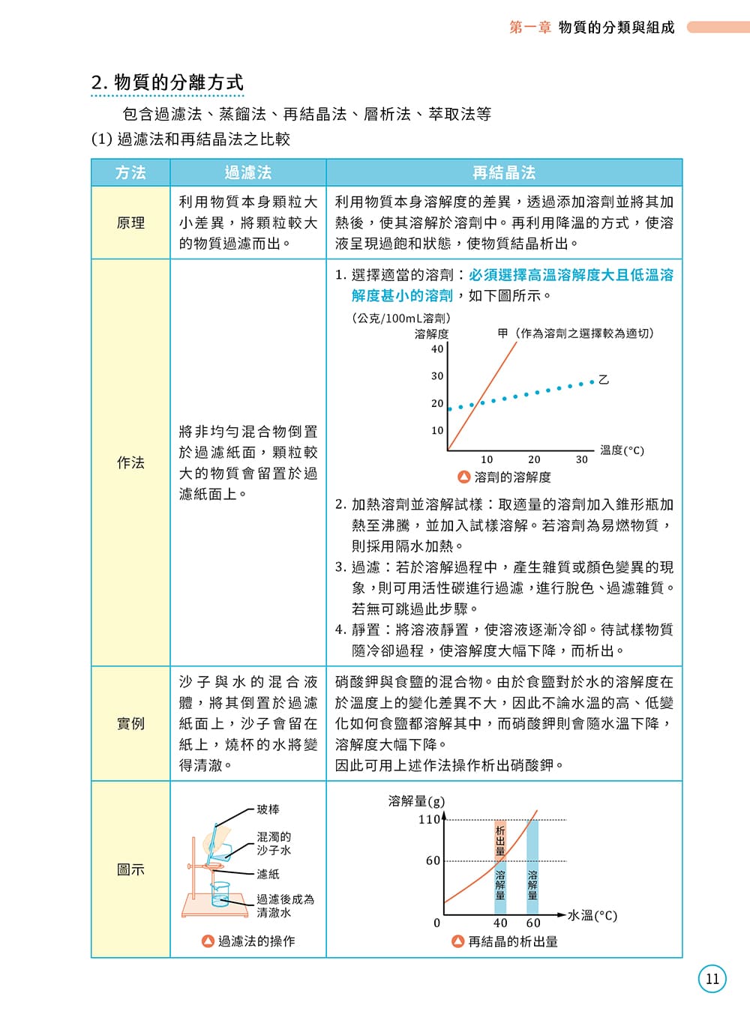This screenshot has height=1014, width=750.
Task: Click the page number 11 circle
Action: [712, 979]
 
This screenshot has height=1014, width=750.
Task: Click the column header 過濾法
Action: [248, 172]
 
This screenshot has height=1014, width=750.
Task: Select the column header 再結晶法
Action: [504, 172]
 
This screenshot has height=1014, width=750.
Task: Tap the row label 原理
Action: [130, 223]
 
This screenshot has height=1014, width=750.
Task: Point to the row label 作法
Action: [130, 462]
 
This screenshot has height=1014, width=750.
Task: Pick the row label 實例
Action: [130, 723]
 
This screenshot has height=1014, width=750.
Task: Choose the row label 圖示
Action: [130, 869]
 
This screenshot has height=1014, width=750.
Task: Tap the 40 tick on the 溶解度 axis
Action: [437, 348]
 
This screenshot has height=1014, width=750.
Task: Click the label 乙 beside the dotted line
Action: [604, 380]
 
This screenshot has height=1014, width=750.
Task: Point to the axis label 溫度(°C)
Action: [622, 450]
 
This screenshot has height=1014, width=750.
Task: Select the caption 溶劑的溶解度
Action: [512, 477]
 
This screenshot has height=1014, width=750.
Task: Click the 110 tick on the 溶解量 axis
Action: [429, 819]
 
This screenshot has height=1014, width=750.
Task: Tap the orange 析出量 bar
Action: [500, 840]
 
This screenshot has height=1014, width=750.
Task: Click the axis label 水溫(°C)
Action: [592, 915]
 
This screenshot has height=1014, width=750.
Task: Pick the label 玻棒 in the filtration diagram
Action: [268, 809]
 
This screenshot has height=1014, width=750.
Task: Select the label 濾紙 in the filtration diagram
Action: [268, 874]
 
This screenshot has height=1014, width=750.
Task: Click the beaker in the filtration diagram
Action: [220, 894]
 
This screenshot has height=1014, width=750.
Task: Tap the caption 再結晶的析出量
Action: [512, 941]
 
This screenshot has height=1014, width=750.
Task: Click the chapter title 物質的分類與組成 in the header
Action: [616, 27]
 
